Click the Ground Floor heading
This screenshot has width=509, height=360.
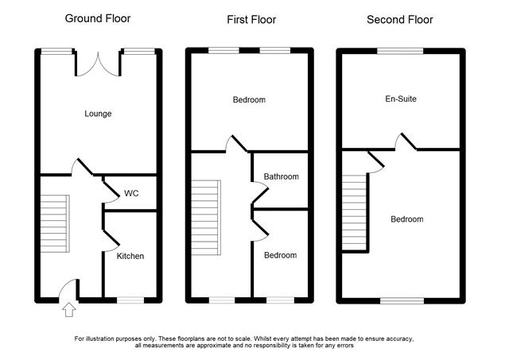click(98, 18)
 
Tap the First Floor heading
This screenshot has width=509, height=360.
click(251, 20)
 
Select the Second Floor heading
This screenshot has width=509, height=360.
click(399, 20)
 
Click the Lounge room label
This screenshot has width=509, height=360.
click(98, 114)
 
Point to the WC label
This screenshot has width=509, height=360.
click(131, 194)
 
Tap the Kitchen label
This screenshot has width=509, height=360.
click(130, 256)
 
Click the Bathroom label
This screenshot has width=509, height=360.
click(281, 176)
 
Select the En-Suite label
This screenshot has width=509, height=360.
click(401, 99)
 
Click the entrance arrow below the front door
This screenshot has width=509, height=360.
click(69, 310)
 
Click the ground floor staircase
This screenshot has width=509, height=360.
click(55, 224)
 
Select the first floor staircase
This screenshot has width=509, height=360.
click(206, 218)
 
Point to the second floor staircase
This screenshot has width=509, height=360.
click(354, 212)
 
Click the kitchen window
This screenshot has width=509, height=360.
click(130, 300)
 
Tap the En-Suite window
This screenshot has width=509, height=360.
click(401, 51)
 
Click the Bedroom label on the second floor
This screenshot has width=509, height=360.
click(406, 219)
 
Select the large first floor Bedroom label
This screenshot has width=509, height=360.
click(249, 100)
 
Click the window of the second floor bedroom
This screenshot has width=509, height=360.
click(402, 300)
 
